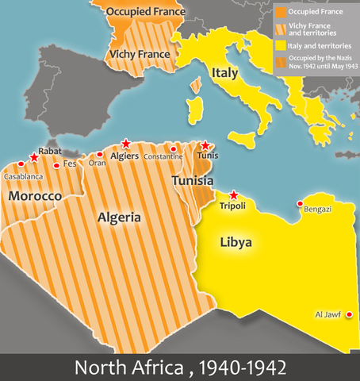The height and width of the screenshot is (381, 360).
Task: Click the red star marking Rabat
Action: (x=33, y=158)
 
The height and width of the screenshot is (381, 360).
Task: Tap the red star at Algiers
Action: (x=125, y=144)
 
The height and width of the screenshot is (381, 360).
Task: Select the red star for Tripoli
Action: (x=233, y=194)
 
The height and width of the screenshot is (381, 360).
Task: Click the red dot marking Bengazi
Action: (x=300, y=204)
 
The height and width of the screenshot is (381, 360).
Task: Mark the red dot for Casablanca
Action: (x=11, y=166)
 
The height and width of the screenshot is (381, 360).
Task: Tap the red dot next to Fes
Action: (x=56, y=165)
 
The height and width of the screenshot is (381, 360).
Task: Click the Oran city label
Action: (x=98, y=164)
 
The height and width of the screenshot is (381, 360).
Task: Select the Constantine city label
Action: (x=163, y=156)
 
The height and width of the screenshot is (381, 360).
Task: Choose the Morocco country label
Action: (x=36, y=194)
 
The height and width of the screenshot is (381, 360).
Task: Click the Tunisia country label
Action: (x=193, y=181)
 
